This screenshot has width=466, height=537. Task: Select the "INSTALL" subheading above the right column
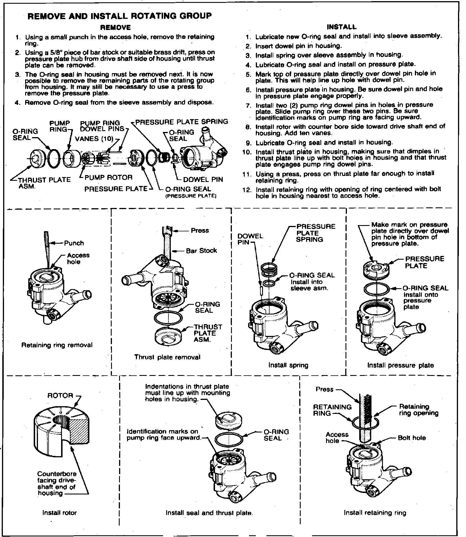(x=342, y=27)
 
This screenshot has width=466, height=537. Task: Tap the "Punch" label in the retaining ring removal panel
(x=74, y=243)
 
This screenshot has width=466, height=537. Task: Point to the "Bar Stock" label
(x=201, y=251)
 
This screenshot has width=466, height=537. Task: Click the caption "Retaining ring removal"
(x=57, y=345)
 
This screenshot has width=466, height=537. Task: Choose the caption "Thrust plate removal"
(x=167, y=357)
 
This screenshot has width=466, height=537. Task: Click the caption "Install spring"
(x=288, y=365)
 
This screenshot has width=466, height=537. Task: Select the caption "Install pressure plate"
(x=400, y=365)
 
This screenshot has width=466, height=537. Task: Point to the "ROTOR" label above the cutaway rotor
(x=60, y=396)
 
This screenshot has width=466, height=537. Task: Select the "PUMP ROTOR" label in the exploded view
(x=109, y=177)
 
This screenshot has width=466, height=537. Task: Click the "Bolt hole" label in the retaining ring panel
(x=412, y=438)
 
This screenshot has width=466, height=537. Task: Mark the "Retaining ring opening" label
(x=418, y=410)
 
